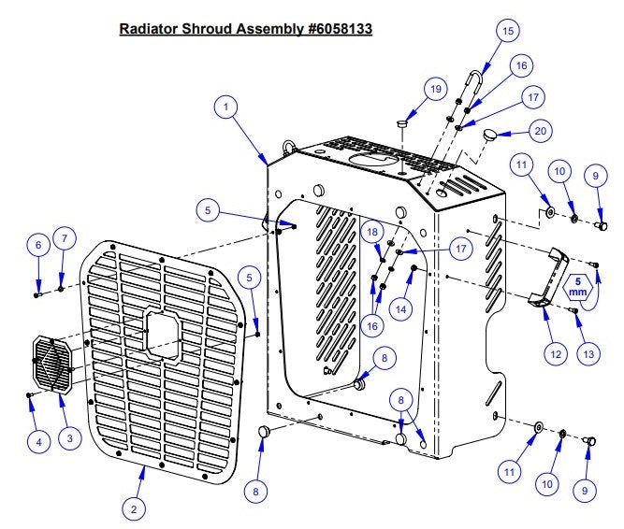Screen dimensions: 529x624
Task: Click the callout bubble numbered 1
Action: coord(225,107)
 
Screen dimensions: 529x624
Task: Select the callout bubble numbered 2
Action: coord(135,509)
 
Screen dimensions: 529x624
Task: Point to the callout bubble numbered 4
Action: coord(37,439)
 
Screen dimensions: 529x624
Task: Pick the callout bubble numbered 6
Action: coord(38,246)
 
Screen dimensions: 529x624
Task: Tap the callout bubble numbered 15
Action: coord(507,31)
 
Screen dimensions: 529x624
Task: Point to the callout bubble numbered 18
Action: coord(371,231)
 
